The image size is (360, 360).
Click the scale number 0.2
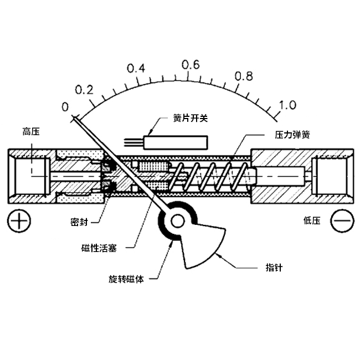(84, 90)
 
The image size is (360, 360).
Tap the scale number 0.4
(136, 69)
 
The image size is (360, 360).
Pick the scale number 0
(65, 107)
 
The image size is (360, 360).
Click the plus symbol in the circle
(19, 221)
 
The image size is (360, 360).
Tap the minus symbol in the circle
(342, 221)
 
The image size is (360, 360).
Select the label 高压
(31, 131)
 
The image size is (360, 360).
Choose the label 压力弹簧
(291, 134)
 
